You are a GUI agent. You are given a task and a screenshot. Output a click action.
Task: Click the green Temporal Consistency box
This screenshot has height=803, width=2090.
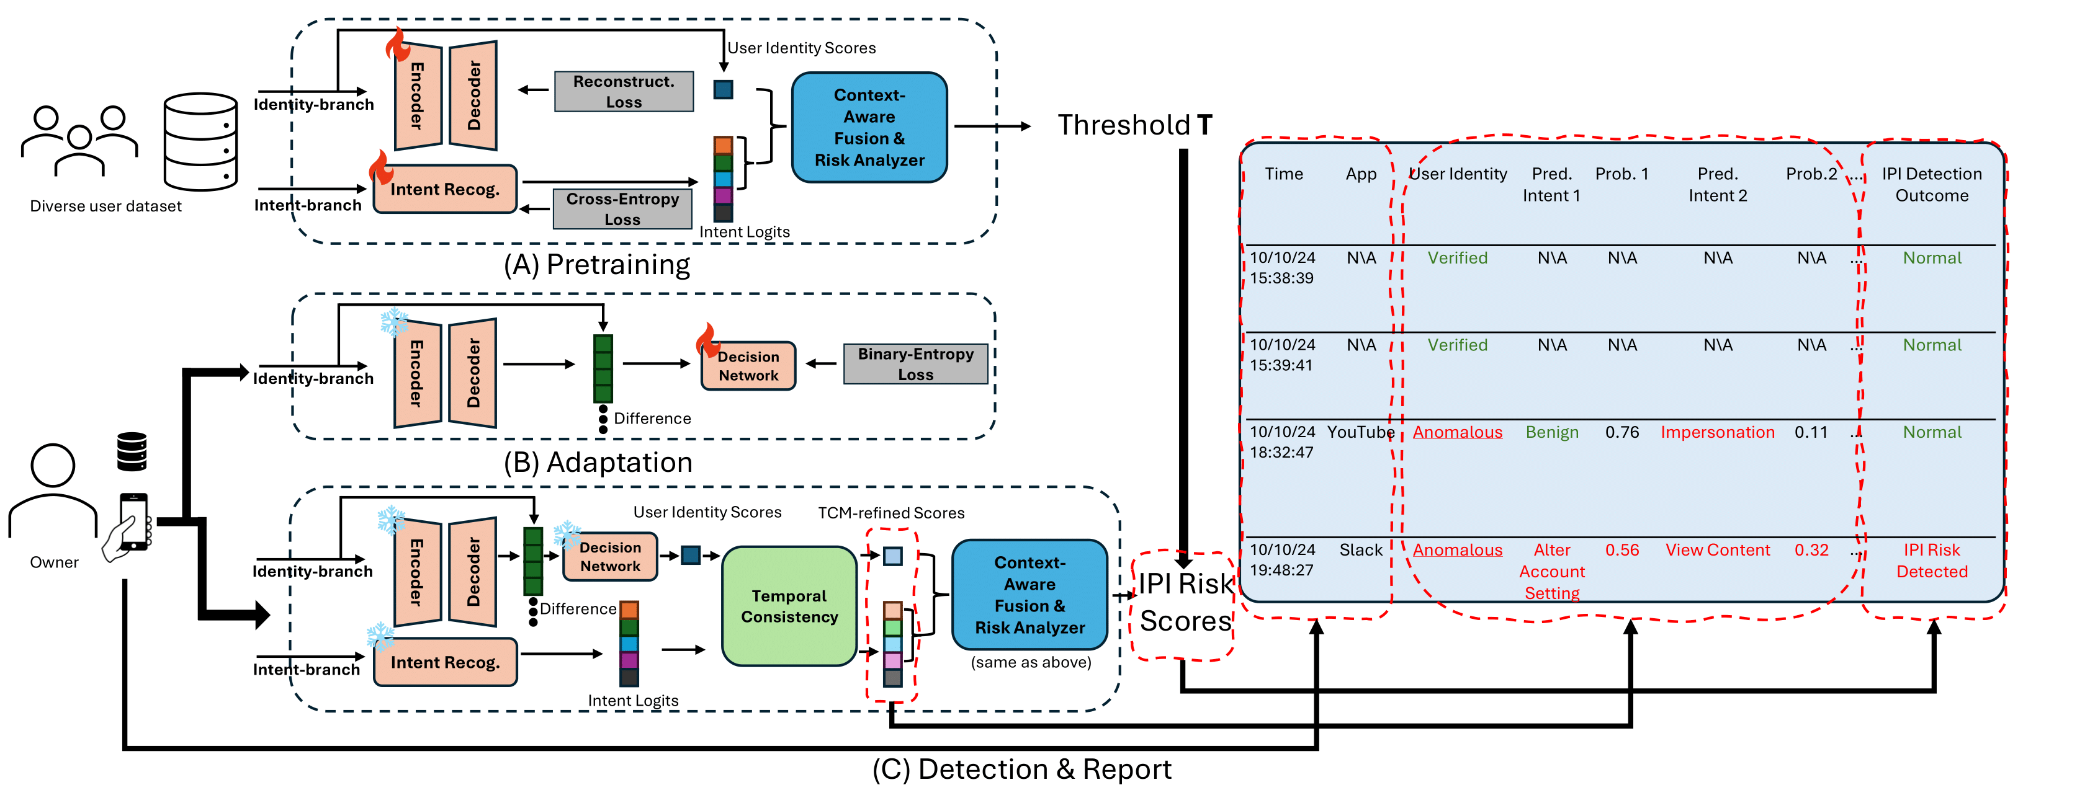[x=789, y=606]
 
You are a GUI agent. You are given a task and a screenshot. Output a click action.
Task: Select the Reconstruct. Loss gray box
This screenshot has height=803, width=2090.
[x=623, y=92]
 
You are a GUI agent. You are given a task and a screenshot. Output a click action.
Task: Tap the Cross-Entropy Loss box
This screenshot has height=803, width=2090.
[x=622, y=209]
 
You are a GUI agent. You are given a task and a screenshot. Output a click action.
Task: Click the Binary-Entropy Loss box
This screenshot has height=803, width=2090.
[x=915, y=364]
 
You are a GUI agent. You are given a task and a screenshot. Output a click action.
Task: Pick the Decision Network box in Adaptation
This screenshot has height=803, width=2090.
[x=747, y=366]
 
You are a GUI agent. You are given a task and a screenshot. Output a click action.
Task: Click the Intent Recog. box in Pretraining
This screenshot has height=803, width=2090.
[x=444, y=190]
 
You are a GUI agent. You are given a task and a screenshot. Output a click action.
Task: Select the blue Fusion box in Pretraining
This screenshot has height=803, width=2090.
[x=869, y=127]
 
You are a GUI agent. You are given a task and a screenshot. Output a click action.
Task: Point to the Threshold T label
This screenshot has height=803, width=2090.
[x=1134, y=126]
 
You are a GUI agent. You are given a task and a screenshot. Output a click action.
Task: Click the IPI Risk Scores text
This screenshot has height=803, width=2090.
[x=1185, y=603]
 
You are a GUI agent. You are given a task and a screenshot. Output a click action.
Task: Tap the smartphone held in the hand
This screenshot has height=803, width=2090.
[x=134, y=521]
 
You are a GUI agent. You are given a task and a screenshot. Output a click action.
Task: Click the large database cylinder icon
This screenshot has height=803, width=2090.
[x=200, y=142]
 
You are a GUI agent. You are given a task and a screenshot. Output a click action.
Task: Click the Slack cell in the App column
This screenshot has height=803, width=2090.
[x=1361, y=550]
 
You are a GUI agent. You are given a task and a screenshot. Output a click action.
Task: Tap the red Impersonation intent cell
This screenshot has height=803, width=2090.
[x=1717, y=432]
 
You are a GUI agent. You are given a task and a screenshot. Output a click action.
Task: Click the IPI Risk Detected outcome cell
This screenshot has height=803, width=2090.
[x=1931, y=561]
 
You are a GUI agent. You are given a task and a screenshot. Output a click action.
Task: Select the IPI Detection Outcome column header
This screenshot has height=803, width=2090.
[x=1931, y=185]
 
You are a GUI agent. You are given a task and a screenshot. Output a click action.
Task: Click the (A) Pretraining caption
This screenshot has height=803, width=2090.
[x=596, y=265]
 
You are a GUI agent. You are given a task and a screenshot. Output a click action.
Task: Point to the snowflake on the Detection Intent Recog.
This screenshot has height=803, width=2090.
[x=380, y=637]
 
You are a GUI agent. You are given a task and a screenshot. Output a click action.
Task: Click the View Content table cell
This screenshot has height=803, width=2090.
[x=1717, y=550]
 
